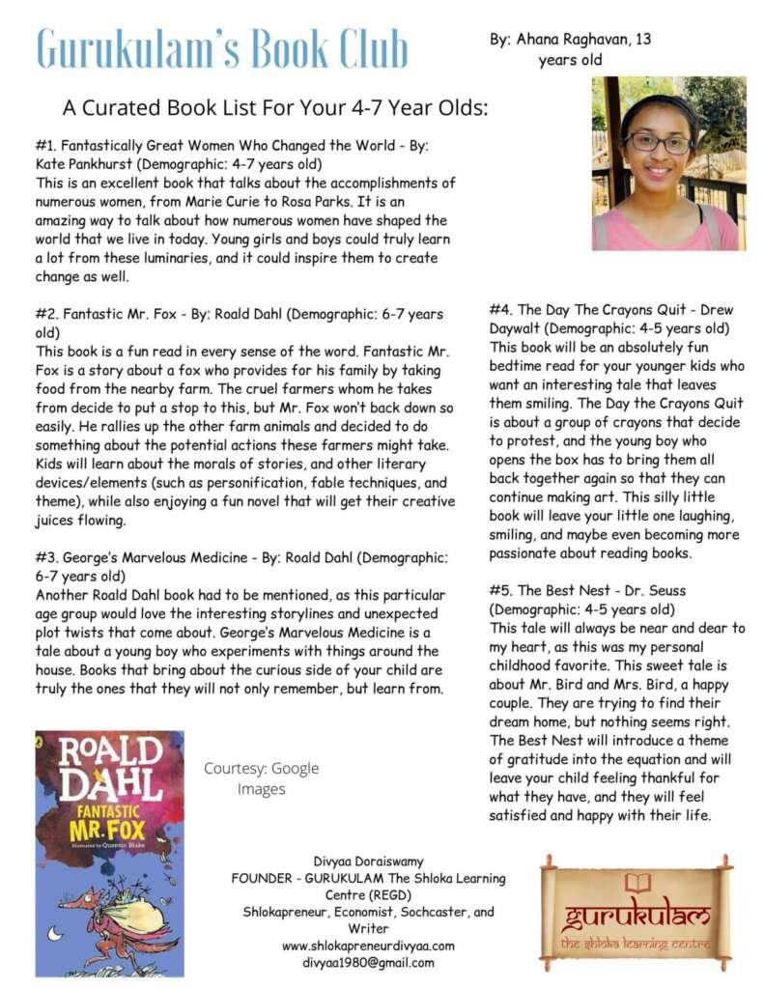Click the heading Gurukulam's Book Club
[222, 48]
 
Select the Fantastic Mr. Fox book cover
[109, 854]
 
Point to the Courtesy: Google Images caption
[261, 778]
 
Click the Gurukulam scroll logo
[636, 912]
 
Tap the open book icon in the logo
[637, 882]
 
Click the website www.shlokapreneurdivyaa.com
[368, 946]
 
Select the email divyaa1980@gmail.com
[368, 962]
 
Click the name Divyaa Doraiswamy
[368, 862]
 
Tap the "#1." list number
[47, 146]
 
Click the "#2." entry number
[47, 315]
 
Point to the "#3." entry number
[47, 557]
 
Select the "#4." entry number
[501, 310]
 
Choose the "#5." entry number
[501, 590]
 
